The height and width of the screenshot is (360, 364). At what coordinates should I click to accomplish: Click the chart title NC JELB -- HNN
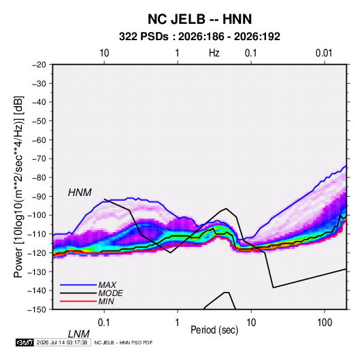pos(199,19)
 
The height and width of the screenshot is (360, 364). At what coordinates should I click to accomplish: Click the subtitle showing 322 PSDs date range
pos(199,37)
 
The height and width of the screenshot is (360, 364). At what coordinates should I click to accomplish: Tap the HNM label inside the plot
pos(80,193)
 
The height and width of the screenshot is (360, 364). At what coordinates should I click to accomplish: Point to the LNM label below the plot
pos(78,334)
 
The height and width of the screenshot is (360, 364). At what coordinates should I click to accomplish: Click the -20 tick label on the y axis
pos(39,65)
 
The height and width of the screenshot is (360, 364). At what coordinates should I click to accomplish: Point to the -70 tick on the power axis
pos(39,159)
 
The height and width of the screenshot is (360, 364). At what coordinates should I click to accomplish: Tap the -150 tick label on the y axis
pos(37,310)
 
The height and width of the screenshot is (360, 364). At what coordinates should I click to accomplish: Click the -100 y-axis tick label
pos(37,215)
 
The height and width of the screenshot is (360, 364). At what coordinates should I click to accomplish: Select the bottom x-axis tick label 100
pos(325,323)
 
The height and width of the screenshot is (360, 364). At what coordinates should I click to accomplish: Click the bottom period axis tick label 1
pos(178,323)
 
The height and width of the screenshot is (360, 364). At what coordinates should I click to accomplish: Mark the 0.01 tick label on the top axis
pos(324,53)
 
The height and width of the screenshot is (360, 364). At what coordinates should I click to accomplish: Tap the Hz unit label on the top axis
pos(214,53)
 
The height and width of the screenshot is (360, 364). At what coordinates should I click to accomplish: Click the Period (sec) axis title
pos(214,330)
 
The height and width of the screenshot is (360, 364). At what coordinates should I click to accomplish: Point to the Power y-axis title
pos(18,187)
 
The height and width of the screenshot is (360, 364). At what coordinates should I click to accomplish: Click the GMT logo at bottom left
pos(24,342)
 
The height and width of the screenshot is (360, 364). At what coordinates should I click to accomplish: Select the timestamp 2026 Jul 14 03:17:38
pos(62,342)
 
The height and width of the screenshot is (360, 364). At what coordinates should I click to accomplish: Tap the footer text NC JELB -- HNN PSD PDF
pos(123,342)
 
